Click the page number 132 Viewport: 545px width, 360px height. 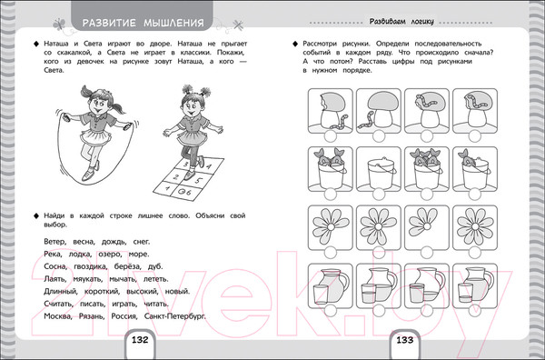pos(140,340)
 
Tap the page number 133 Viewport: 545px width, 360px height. pos(405,340)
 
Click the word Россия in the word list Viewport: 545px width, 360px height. pos(124,316)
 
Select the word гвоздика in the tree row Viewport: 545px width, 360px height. pos(90,266)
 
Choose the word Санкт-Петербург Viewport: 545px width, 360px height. pos(174,316)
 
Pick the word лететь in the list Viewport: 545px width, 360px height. pos(155,279)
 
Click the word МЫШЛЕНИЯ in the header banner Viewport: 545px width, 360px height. pos(173,24)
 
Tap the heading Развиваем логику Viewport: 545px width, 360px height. pos(401,22)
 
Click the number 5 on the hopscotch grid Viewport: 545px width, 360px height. pos(199,181)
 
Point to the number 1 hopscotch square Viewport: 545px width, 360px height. pos(168,188)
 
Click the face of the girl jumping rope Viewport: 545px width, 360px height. pos(98,104)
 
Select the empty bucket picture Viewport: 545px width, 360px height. pos(379,169)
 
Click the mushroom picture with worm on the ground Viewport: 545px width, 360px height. pos(379,111)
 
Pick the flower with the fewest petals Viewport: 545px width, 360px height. pos(427,227)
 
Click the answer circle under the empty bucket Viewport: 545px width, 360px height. pos(379,194)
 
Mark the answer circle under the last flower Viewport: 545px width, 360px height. pos(475,253)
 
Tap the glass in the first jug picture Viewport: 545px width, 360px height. pos(321,294)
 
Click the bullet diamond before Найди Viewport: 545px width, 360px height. pos(35,216)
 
